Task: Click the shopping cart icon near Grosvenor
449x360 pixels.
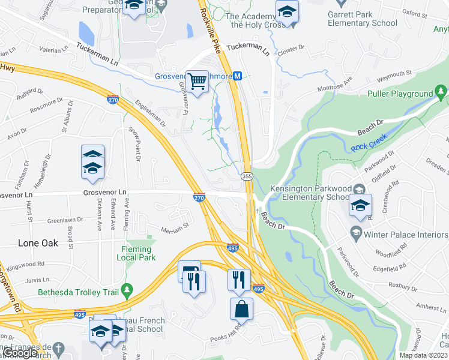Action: pos(197,82)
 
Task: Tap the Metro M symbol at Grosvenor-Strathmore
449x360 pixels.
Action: pos(238,76)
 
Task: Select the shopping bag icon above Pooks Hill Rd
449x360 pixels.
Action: pos(241,309)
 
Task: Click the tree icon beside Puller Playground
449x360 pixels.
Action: pos(441,92)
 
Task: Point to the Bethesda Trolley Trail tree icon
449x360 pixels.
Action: pos(126,291)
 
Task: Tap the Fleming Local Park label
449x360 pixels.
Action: pos(136,253)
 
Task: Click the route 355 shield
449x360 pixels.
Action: pos(247,176)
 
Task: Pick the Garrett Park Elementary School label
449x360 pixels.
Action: pos(362,19)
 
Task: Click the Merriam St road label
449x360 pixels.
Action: pos(175,227)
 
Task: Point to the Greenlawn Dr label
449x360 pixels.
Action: pos(67,220)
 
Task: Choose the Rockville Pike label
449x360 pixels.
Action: pos(211,25)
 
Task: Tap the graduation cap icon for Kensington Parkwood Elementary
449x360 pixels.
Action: pos(358,205)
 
